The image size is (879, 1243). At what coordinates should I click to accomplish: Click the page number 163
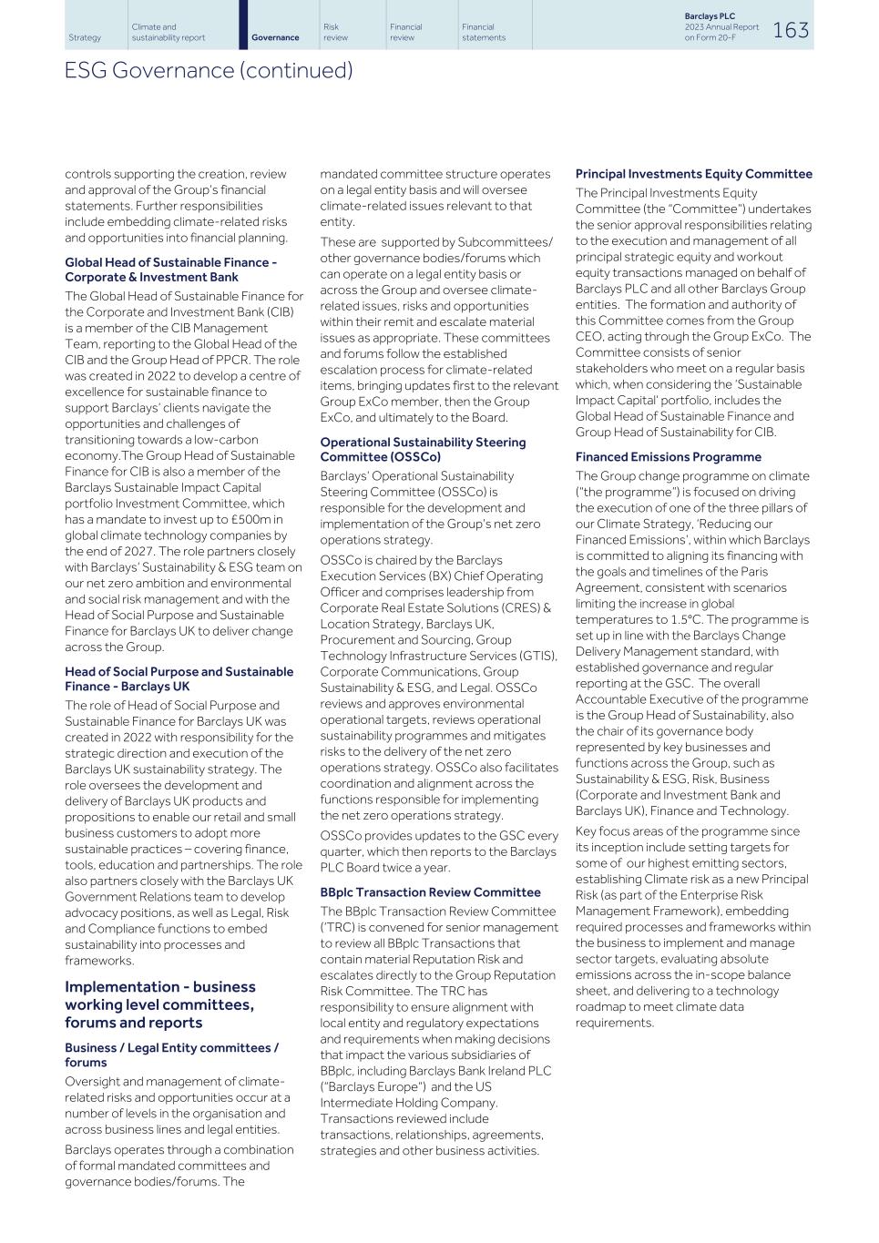[x=790, y=30]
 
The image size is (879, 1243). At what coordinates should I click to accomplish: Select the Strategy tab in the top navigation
[x=85, y=37]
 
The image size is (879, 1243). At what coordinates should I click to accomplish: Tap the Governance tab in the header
[x=275, y=37]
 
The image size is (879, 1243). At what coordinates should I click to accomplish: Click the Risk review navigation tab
[x=335, y=33]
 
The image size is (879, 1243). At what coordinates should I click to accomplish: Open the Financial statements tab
[x=483, y=33]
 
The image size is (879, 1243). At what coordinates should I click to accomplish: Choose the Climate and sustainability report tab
[x=169, y=33]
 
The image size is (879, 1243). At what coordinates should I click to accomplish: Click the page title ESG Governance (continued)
[x=208, y=70]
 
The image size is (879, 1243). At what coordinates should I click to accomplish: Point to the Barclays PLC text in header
[x=710, y=16]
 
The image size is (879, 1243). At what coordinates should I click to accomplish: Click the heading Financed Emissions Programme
[x=668, y=457]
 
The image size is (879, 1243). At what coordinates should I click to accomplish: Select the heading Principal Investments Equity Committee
[x=693, y=174]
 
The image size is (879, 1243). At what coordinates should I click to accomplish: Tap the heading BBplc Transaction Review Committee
[x=430, y=892]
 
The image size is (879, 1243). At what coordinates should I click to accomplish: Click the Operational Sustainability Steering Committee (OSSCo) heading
[x=423, y=450]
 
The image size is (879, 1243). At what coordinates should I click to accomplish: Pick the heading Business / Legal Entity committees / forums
[x=171, y=1055]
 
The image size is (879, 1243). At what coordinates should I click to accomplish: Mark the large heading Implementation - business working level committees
[x=160, y=1004]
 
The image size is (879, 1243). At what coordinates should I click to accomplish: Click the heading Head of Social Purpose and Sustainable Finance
[x=179, y=679]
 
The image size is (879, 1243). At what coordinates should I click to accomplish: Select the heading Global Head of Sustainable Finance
[x=170, y=270]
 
